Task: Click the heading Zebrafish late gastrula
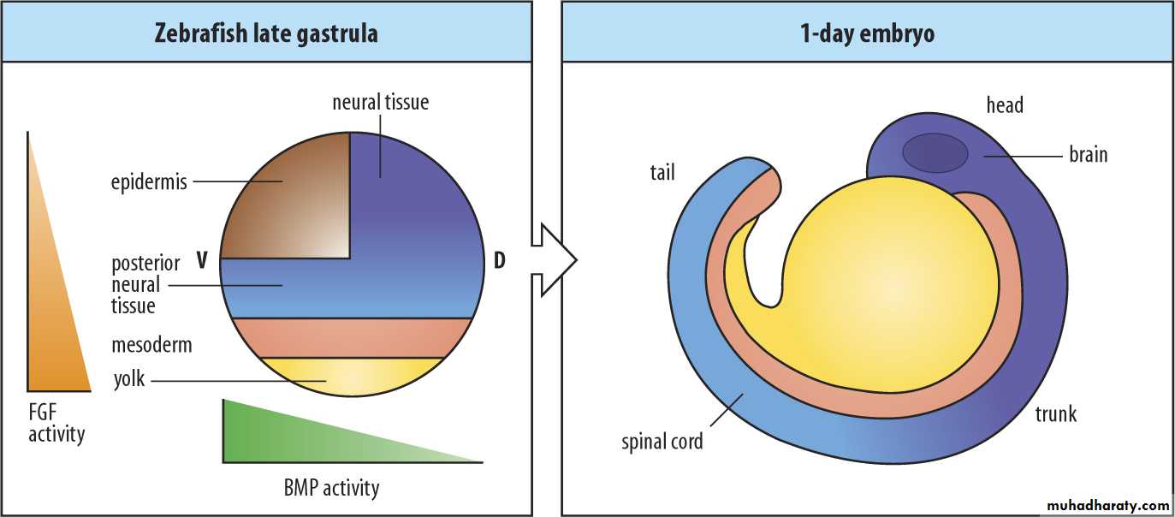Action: (x=266, y=34)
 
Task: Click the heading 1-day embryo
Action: (x=866, y=34)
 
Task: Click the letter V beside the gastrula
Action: (x=203, y=260)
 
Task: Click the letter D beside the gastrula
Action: (x=500, y=260)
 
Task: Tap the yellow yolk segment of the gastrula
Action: (x=351, y=376)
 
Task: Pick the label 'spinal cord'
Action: (x=662, y=442)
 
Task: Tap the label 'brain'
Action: (x=1088, y=155)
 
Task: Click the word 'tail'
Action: (x=662, y=173)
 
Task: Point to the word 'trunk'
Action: (x=1055, y=414)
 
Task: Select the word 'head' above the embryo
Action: (x=1005, y=105)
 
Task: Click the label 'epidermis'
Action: (x=149, y=182)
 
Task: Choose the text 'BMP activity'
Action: (x=331, y=489)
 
